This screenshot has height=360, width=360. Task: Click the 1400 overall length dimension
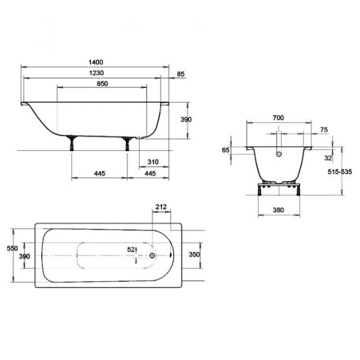pyautogui.click(x=96, y=62)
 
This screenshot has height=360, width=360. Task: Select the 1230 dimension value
pyautogui.click(x=96, y=73)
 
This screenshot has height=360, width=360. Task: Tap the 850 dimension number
pyautogui.click(x=102, y=84)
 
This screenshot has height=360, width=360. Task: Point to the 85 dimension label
pyautogui.click(x=181, y=74)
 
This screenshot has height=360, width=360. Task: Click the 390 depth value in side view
pyautogui.click(x=186, y=120)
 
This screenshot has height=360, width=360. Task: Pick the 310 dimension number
pyautogui.click(x=153, y=162)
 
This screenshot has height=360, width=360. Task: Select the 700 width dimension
pyautogui.click(x=278, y=118)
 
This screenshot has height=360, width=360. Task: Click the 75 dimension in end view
pyautogui.click(x=324, y=130)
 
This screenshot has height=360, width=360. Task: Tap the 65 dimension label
pyautogui.click(x=226, y=150)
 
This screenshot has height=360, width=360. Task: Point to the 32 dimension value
pyautogui.click(x=328, y=158)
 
